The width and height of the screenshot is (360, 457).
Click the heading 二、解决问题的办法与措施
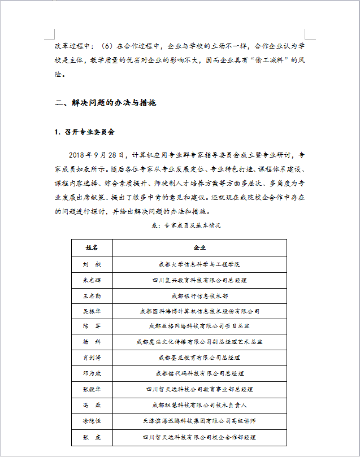[105, 103]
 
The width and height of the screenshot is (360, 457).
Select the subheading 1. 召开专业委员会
[85, 132]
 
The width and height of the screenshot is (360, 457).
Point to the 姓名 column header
[92, 248]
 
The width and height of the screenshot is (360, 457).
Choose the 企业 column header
[199, 248]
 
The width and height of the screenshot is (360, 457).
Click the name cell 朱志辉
[92, 280]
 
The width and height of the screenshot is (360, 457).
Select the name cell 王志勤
[92, 295]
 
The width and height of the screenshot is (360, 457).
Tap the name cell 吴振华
[92, 311]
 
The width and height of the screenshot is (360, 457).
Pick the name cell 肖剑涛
[92, 358]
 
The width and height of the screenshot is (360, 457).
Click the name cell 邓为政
[92, 373]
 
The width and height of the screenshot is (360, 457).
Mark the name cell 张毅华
[92, 389]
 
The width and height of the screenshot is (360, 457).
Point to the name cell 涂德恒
[92, 421]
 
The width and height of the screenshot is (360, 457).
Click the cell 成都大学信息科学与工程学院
[199, 264]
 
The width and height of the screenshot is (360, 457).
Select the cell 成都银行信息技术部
[199, 295]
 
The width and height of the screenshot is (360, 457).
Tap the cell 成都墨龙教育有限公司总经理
[199, 358]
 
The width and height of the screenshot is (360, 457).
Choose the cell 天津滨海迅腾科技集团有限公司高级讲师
[199, 421]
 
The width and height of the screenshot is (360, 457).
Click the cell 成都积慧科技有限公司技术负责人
[199, 405]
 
